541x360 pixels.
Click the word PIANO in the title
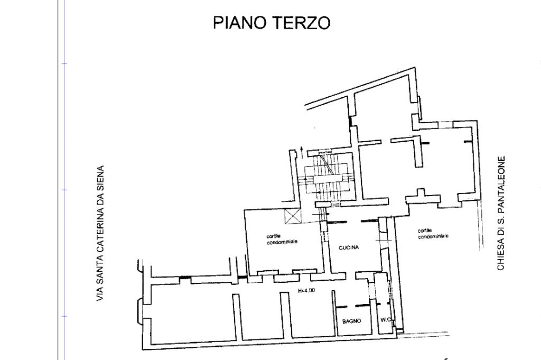pos(240,23)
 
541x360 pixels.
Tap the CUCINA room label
pos(349,247)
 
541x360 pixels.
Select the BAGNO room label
pos(351,321)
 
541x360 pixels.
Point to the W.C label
pos(386,320)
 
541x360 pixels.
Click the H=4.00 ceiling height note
pos(306,290)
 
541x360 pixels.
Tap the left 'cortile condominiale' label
pos(282,239)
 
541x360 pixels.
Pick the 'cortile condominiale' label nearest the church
pos(433,233)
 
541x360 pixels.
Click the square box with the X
pos(292,216)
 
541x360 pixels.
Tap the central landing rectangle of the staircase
pos(328,179)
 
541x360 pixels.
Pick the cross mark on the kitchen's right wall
pos(383,240)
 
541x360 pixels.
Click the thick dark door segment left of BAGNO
pos(342,307)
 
